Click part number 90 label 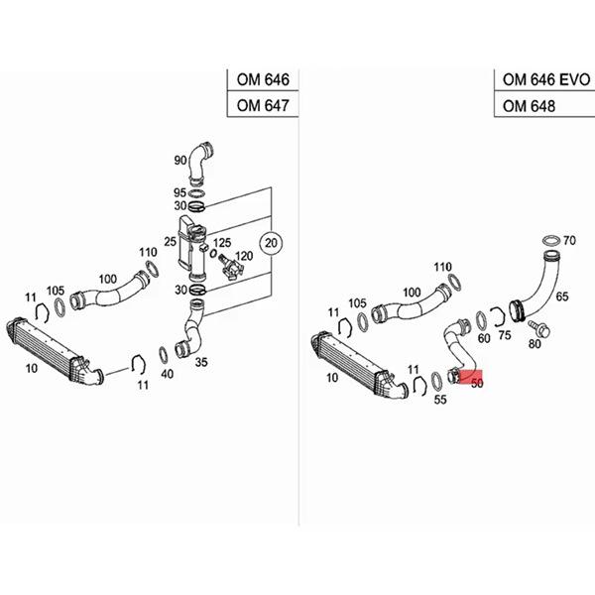[180, 160]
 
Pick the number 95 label [179, 192]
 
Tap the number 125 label [222, 243]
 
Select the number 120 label [244, 256]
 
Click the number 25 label [171, 241]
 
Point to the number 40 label [166, 374]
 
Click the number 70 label [569, 240]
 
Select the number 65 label [561, 297]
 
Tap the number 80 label [535, 344]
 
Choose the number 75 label [504, 336]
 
